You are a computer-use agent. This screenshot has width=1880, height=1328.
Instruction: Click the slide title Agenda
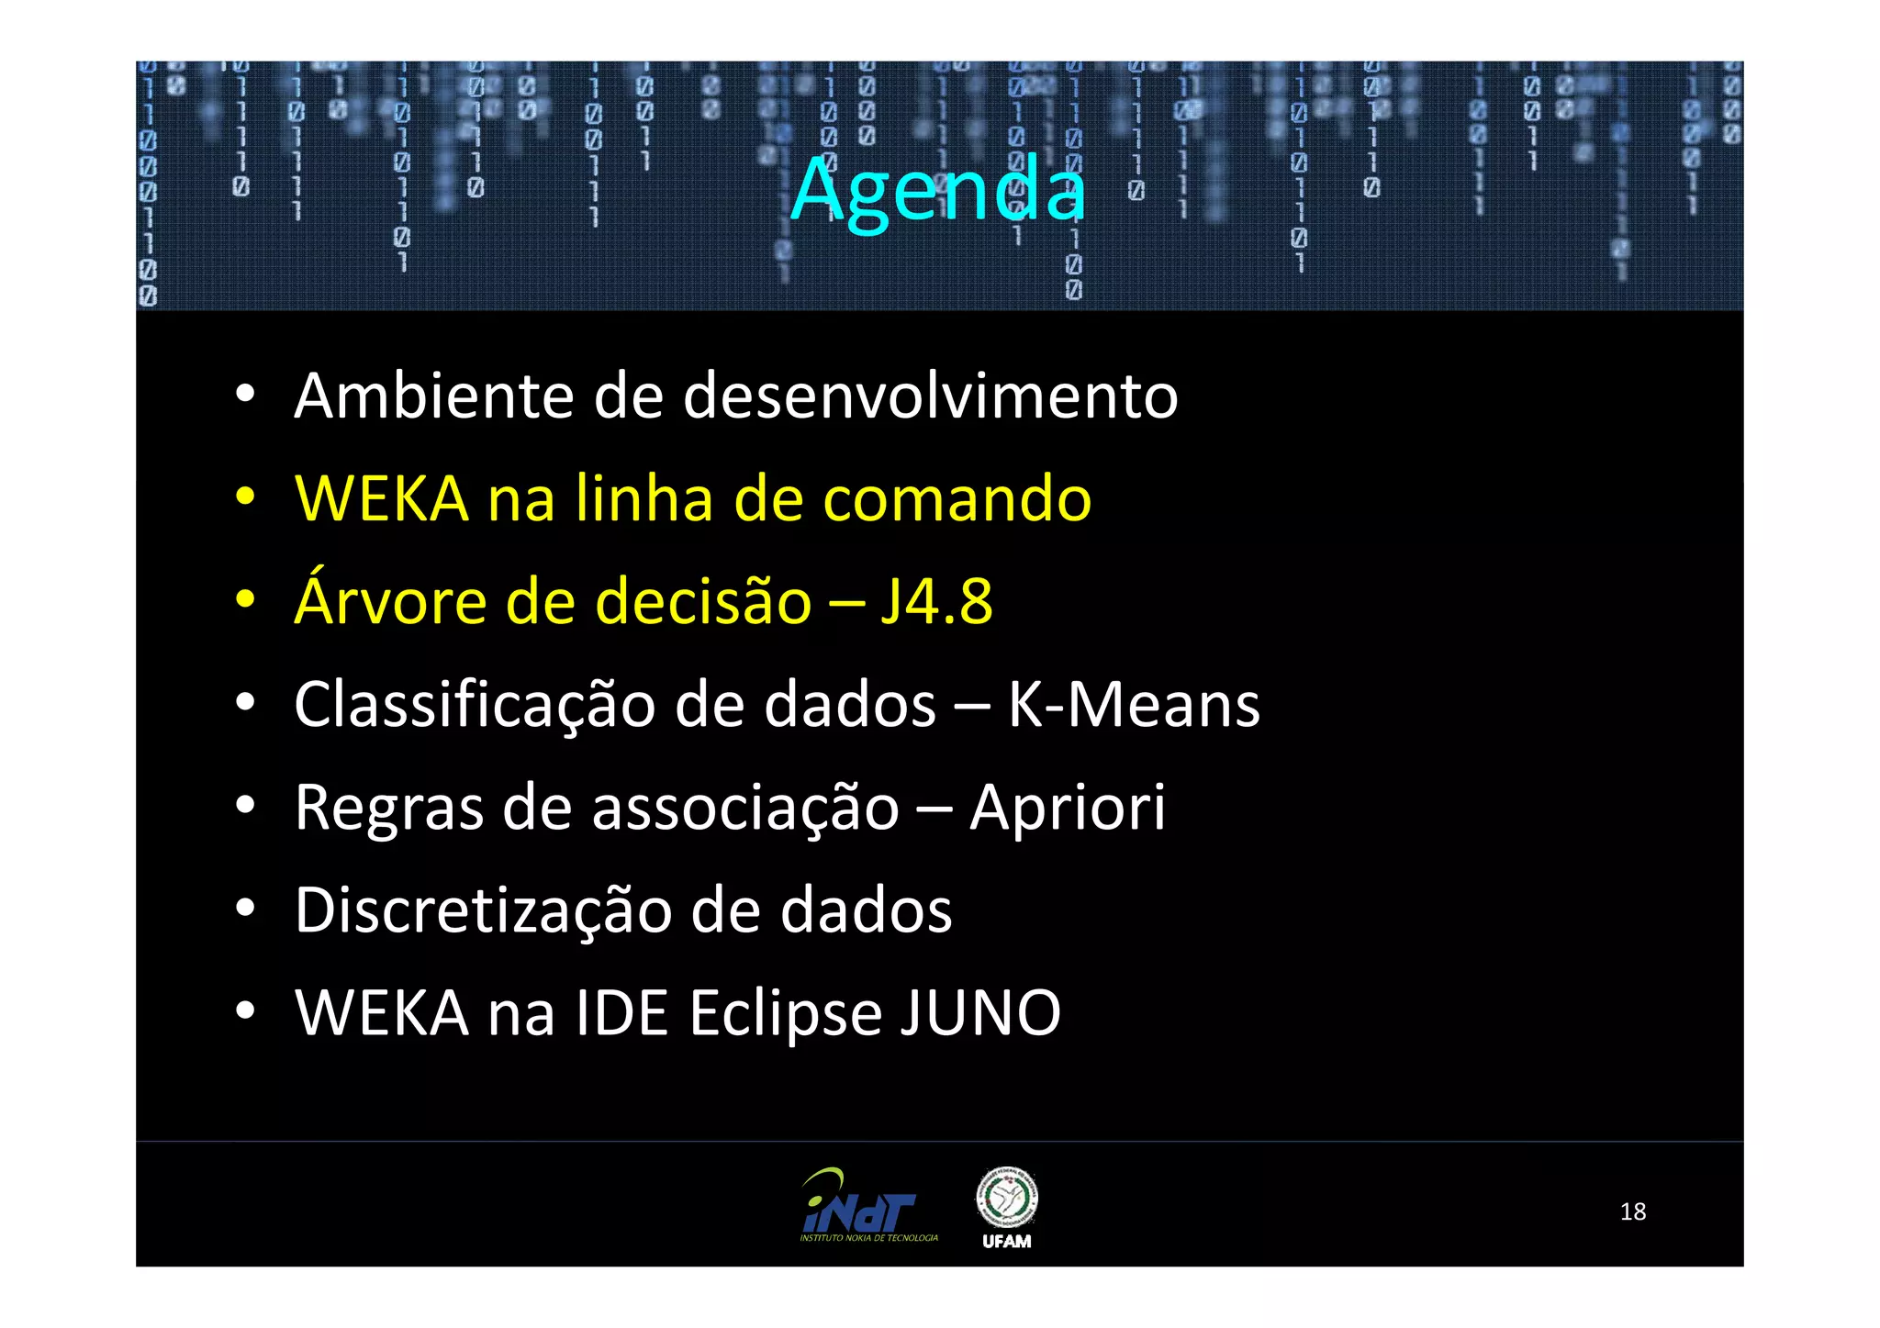938,190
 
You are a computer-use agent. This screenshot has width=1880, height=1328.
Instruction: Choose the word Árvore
391,601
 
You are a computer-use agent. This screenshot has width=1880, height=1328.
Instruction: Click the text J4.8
936,603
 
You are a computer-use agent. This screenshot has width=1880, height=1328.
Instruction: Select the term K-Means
1134,705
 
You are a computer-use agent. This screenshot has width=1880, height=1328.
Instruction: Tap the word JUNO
979,1013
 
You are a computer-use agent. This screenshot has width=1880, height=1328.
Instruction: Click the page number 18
1632,1211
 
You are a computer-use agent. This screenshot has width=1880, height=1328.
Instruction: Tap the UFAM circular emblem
1006,1198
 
